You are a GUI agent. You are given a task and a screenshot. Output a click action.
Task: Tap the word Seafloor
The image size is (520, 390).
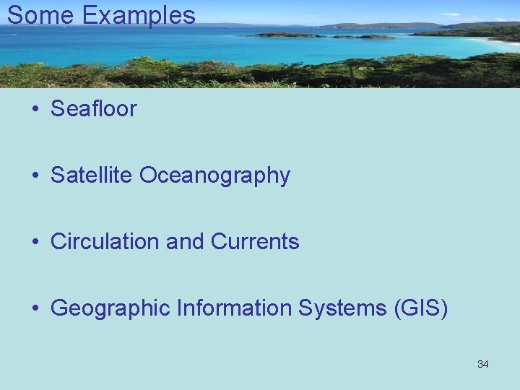click(x=93, y=109)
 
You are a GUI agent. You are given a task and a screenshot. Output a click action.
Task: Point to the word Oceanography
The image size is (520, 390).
click(x=214, y=175)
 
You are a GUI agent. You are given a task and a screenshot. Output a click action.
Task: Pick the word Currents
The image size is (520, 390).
click(x=255, y=242)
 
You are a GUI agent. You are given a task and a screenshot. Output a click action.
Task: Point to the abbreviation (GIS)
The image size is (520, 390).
click(x=421, y=308)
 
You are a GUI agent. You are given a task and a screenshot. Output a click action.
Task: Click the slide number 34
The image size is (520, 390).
click(x=482, y=364)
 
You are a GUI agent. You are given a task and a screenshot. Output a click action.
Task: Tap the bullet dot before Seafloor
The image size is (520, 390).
click(x=35, y=110)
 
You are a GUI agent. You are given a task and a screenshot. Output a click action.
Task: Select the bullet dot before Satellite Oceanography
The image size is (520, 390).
click(x=35, y=176)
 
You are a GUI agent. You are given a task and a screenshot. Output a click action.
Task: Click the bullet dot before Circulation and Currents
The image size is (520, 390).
click(x=35, y=243)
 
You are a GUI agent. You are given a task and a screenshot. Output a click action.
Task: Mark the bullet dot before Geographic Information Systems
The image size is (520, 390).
click(x=35, y=309)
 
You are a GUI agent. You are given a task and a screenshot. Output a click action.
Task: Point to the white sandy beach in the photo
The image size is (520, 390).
click(x=498, y=42)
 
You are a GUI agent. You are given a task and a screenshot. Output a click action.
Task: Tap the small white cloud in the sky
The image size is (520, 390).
click(x=451, y=14)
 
